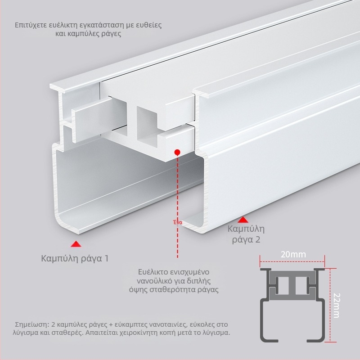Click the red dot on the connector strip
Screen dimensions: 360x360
tap(177, 152)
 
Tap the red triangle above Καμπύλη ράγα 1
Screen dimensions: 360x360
tap(76, 244)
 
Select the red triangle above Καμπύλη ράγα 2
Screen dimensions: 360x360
tap(243, 220)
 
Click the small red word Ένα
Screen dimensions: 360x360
tap(178, 222)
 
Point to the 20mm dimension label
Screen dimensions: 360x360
tap(293, 254)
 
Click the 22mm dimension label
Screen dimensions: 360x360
tap(336, 306)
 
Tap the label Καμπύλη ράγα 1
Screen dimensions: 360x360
tap(75, 258)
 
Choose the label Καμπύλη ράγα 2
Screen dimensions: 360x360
tap(246, 234)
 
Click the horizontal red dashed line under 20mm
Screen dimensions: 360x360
tap(292, 261)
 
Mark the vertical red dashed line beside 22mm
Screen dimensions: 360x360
tap(330, 305)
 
